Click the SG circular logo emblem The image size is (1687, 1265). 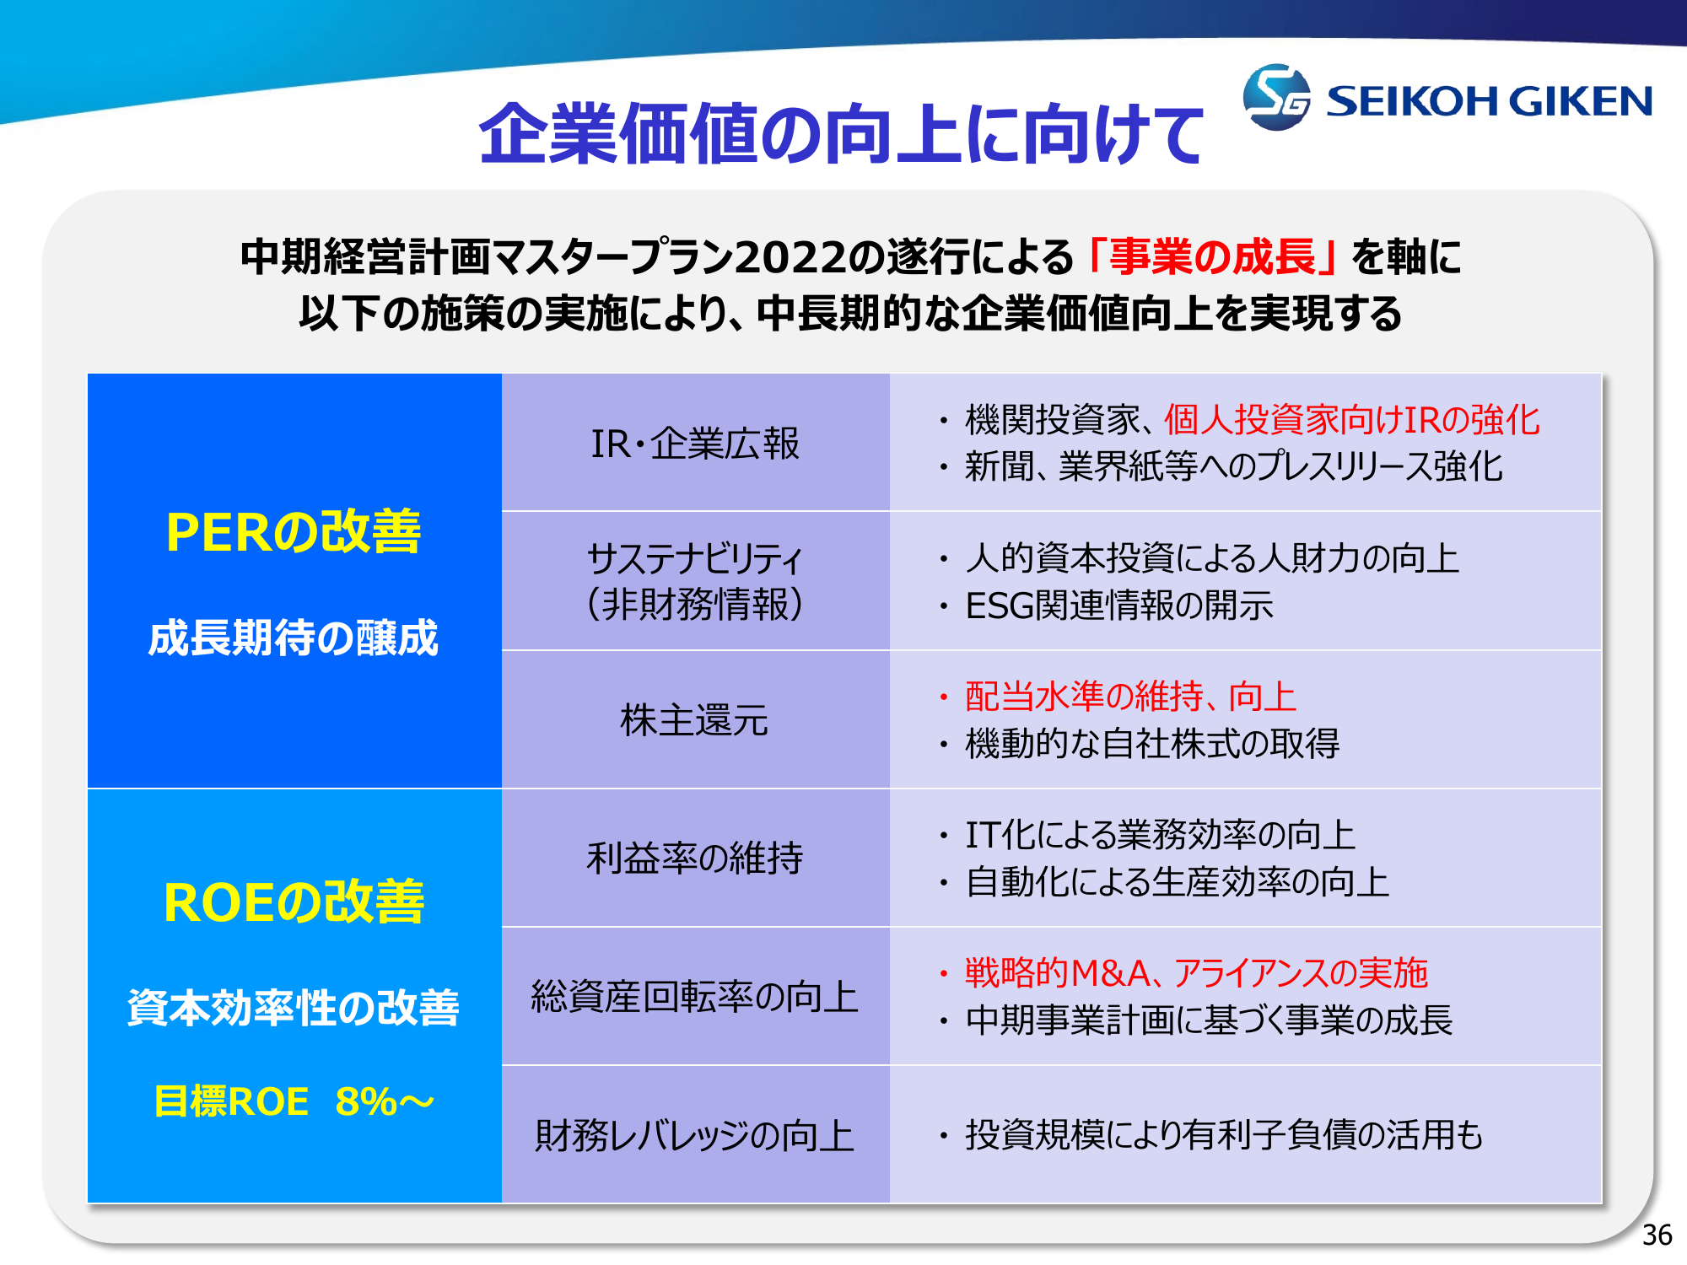tap(1276, 97)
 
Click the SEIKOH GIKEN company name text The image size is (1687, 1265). tap(1489, 101)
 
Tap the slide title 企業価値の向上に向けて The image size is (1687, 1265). tap(841, 133)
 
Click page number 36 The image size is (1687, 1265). tap(1657, 1235)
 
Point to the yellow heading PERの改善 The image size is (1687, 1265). tap(294, 532)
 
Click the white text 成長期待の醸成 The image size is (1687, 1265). tap(294, 638)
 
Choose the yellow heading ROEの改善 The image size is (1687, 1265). tap(294, 902)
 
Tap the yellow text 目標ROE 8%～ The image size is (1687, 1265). tap(294, 1101)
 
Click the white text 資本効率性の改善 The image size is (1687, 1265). tap(294, 1007)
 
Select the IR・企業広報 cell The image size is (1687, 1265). tap(695, 444)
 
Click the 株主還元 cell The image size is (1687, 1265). tap(695, 720)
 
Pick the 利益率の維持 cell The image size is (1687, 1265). tap(695, 859)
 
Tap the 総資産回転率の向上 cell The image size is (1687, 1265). tap(695, 997)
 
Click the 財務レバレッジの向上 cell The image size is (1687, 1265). tap(695, 1135)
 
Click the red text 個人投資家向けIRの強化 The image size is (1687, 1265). tap(1352, 420)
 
